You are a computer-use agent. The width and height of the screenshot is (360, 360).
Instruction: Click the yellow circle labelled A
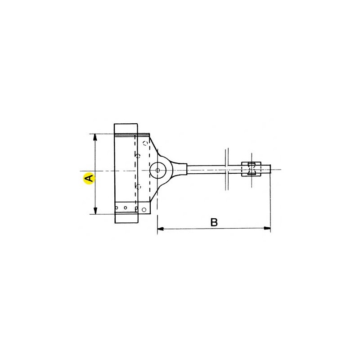click(89, 178)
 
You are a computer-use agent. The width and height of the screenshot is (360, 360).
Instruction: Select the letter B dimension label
click(214, 222)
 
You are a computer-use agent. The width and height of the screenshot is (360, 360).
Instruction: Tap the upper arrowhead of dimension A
click(95, 137)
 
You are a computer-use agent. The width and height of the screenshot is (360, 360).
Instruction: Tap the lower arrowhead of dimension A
click(95, 211)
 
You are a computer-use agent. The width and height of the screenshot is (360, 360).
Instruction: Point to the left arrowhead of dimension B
click(161, 229)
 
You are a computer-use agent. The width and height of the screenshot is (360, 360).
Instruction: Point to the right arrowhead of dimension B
click(267, 228)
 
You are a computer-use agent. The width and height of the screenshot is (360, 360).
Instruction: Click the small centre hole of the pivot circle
click(157, 171)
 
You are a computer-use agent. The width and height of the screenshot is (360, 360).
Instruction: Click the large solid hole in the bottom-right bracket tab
click(144, 209)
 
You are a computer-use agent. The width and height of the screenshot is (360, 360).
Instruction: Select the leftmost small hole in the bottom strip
click(117, 208)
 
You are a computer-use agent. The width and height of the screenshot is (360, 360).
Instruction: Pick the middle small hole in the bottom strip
click(126, 208)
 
